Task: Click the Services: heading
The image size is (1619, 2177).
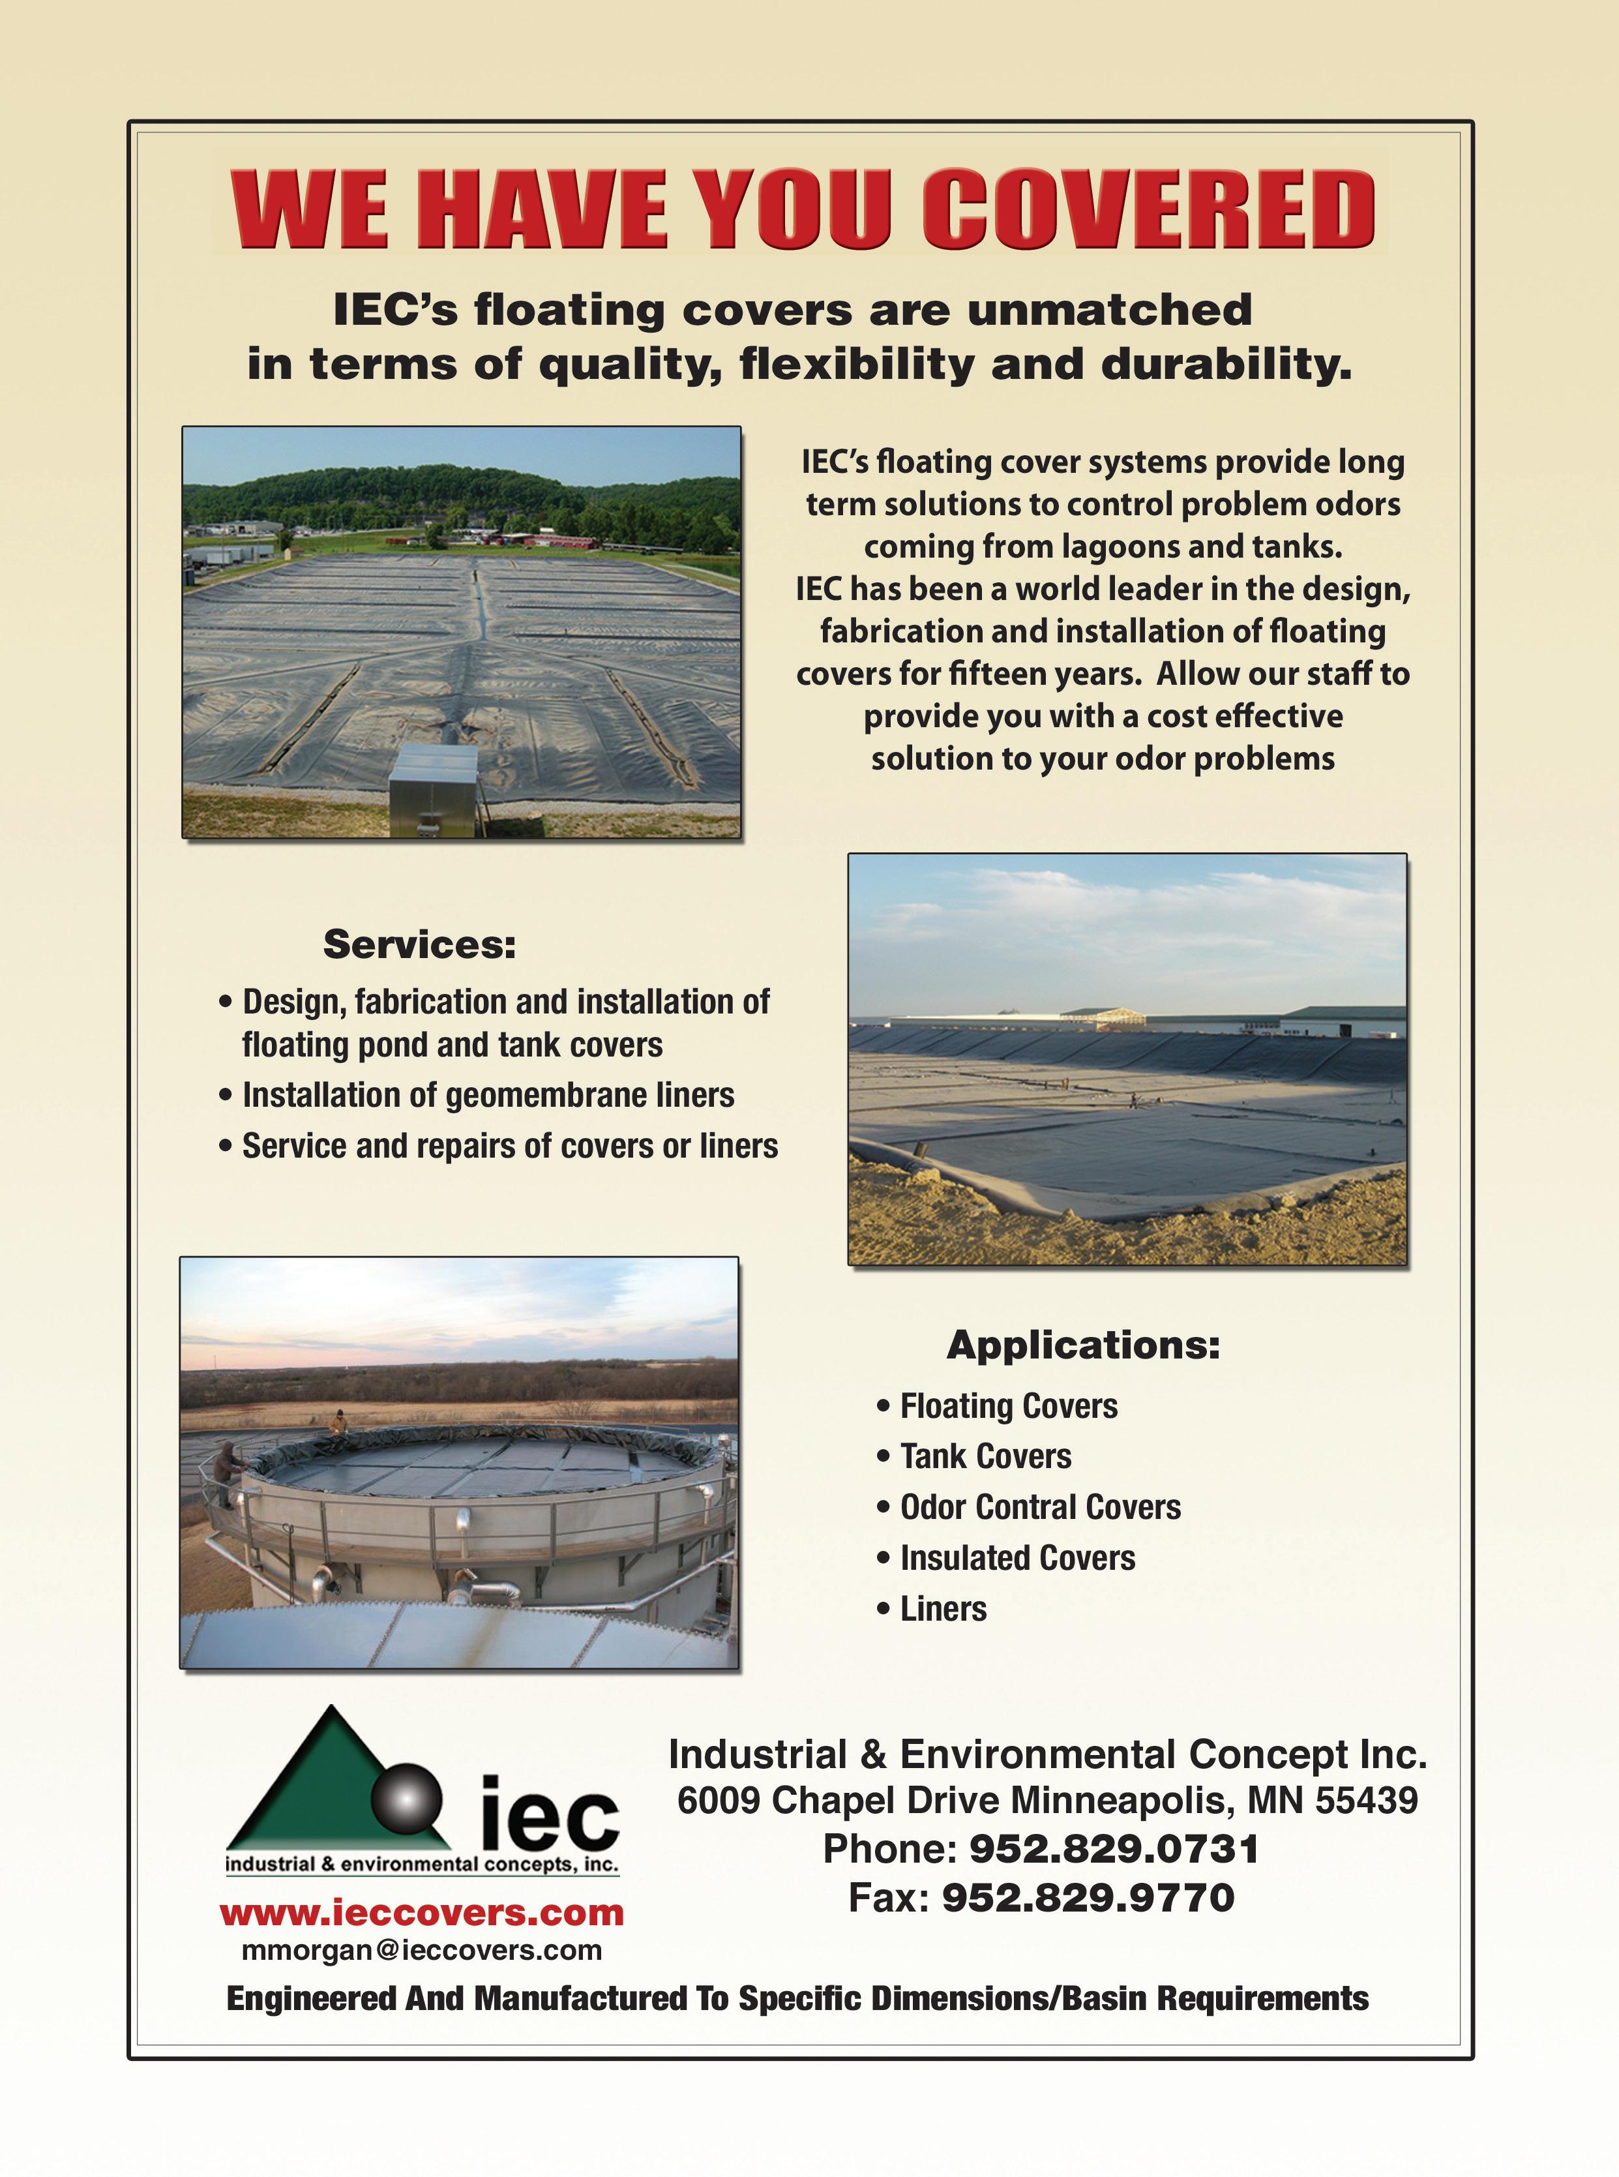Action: coord(419,944)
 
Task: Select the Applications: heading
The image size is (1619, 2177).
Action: coord(1083,1345)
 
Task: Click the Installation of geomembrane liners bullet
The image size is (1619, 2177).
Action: coord(488,1095)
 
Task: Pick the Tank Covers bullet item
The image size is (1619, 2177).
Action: coord(985,1456)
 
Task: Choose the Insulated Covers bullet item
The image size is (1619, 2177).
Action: coord(1017,1557)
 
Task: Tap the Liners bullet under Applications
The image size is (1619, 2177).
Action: coord(943,1608)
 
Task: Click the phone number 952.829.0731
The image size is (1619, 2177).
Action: coord(1113,1849)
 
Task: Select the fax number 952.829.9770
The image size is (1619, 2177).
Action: coord(1088,1898)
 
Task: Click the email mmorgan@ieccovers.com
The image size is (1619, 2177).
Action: coord(421,1951)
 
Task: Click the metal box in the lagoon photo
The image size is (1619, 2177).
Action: coord(432,790)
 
